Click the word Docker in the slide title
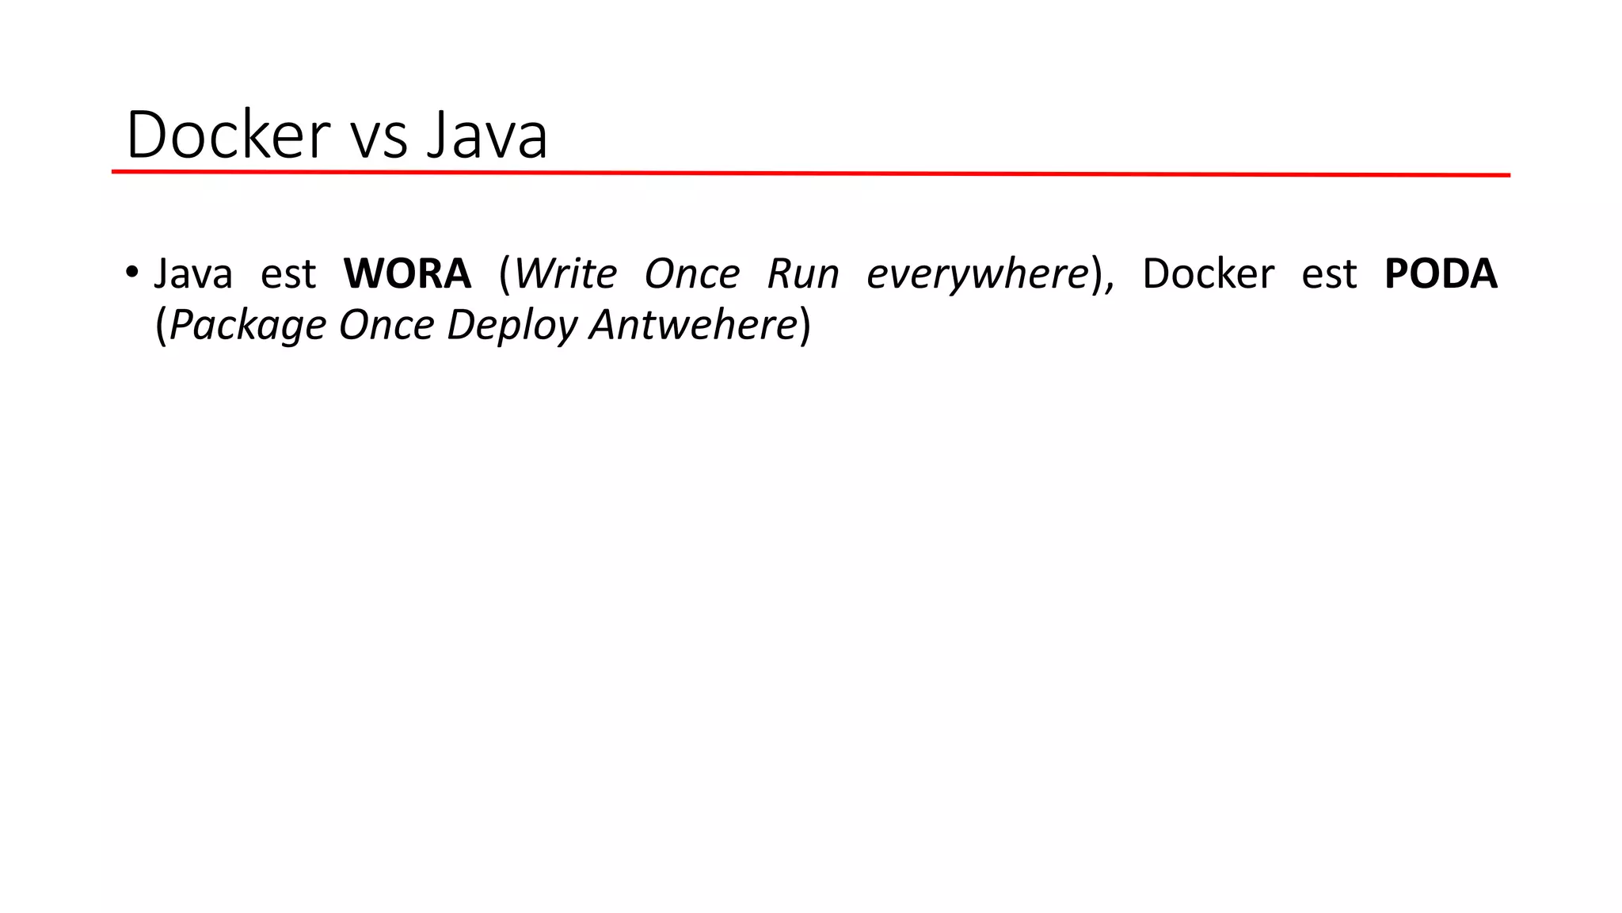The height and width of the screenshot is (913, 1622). point(228,135)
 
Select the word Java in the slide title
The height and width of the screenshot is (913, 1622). point(487,135)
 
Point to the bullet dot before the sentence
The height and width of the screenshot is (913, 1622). point(131,272)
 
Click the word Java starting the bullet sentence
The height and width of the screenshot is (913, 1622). point(193,274)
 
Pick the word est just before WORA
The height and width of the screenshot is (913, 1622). point(288,274)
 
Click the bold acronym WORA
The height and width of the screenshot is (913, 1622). point(407,274)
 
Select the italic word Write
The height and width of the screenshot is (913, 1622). point(565,274)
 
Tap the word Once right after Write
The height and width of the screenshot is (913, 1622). point(691,274)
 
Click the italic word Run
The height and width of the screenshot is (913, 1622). point(803,274)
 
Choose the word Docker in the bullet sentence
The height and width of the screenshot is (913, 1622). point(1208,274)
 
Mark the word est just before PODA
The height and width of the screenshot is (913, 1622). point(1329,274)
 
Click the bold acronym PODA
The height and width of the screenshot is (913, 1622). point(1441,274)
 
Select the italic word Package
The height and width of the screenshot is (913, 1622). point(247,326)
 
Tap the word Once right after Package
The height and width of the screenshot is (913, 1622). point(386,325)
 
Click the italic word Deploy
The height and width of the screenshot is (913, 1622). point(512,326)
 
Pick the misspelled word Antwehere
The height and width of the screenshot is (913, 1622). point(693,325)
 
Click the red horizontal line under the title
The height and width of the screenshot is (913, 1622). point(811,174)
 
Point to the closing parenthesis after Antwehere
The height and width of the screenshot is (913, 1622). point(805,326)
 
